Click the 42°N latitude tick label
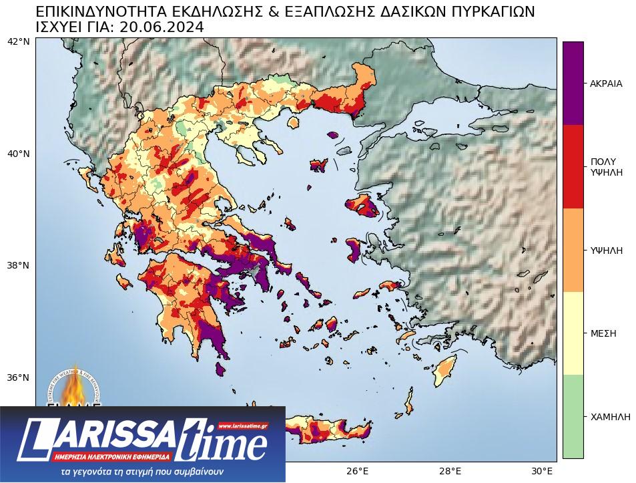(18, 41)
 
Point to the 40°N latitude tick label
(18, 154)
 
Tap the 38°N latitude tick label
(18, 265)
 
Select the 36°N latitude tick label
(18, 377)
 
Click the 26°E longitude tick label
(358, 471)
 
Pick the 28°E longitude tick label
(450, 471)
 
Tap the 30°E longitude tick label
(542, 471)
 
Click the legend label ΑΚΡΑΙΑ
(606, 84)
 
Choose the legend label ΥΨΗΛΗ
(606, 251)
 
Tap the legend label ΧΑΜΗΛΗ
(610, 417)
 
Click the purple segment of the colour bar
(573, 83)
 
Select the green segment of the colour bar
(573, 416)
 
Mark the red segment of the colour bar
(573, 166)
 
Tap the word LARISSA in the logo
(100, 438)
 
